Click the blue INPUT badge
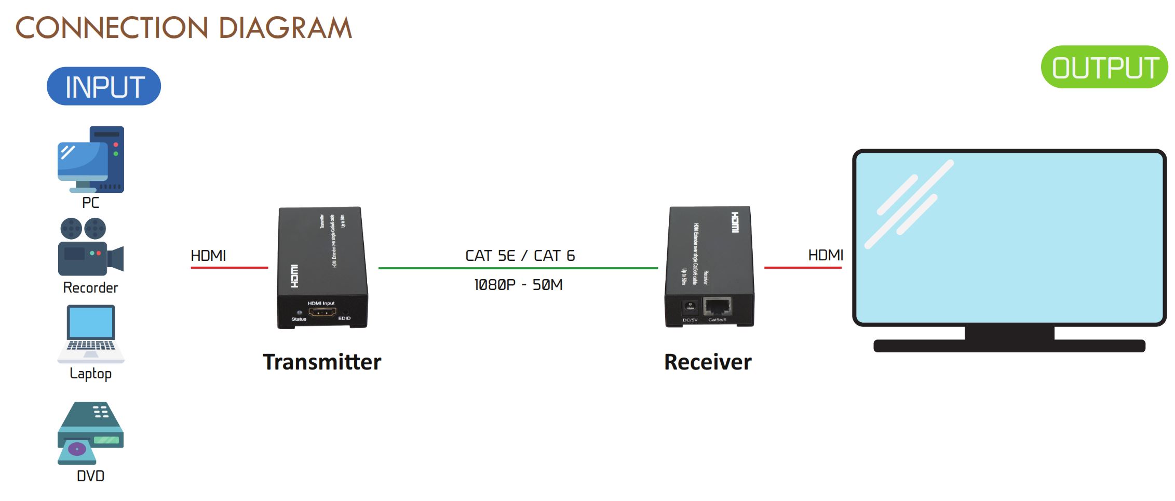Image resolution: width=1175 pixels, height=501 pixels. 104,86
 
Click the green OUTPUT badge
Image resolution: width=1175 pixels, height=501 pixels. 1104,68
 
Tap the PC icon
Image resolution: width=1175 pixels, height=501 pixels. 91,160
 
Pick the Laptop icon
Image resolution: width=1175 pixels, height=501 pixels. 91,334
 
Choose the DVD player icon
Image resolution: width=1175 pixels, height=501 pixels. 90,433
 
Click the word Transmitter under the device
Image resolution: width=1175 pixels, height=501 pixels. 322,362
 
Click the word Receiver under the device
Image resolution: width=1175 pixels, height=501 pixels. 708,362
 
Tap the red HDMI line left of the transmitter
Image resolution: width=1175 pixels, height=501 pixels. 229,268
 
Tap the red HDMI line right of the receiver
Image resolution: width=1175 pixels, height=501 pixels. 803,268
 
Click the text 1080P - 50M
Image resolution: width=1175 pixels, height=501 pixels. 518,285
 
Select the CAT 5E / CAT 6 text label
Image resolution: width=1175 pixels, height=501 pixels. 520,256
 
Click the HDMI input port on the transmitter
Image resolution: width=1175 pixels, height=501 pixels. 322,312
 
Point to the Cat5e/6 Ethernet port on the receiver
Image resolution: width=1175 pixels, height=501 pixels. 718,307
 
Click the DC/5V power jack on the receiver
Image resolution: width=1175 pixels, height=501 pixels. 690,307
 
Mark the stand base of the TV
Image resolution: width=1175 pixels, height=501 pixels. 1009,346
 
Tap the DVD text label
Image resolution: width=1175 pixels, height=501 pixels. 90,476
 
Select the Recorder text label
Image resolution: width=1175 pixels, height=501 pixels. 90,287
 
